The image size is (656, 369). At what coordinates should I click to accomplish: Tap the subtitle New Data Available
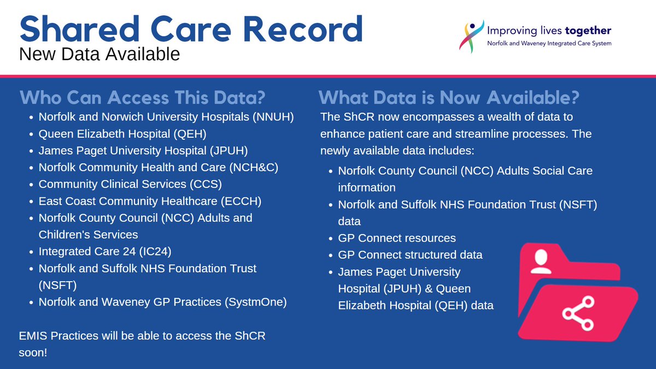pyautogui.click(x=99, y=54)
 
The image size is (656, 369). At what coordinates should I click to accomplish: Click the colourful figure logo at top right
pyautogui.click(x=473, y=35)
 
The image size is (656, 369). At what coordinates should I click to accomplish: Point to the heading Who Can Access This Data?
pyautogui.click(x=143, y=98)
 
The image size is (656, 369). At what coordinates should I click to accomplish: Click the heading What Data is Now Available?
pyautogui.click(x=449, y=98)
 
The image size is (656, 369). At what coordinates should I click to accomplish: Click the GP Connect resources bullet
pyautogui.click(x=397, y=238)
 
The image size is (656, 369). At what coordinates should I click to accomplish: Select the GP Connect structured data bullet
pyautogui.click(x=410, y=255)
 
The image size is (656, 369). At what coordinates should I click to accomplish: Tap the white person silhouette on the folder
pyautogui.click(x=541, y=261)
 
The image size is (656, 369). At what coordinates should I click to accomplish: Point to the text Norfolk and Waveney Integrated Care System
pyautogui.click(x=549, y=44)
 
